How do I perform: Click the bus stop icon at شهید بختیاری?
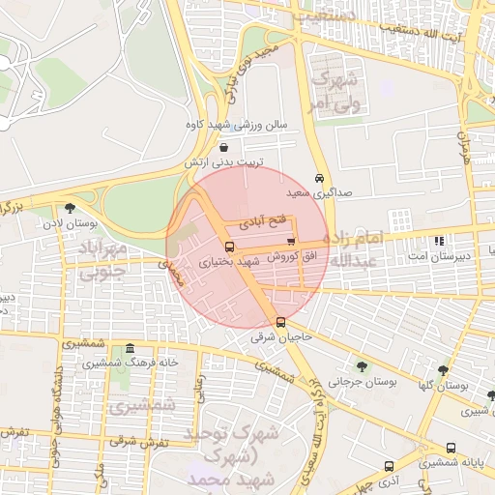coord(229,247)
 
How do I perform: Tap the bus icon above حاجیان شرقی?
coord(280,322)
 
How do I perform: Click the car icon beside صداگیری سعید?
coord(320,178)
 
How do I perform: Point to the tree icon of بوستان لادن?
coord(69,207)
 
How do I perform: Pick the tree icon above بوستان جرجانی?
coord(362,366)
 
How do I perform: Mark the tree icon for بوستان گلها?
coord(443,369)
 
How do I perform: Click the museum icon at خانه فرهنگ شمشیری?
coord(130,348)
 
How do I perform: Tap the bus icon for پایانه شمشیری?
coord(451,448)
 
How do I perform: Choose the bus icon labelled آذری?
coord(389,465)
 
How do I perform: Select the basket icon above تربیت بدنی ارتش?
coord(224,148)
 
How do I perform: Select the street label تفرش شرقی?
coord(138,441)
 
